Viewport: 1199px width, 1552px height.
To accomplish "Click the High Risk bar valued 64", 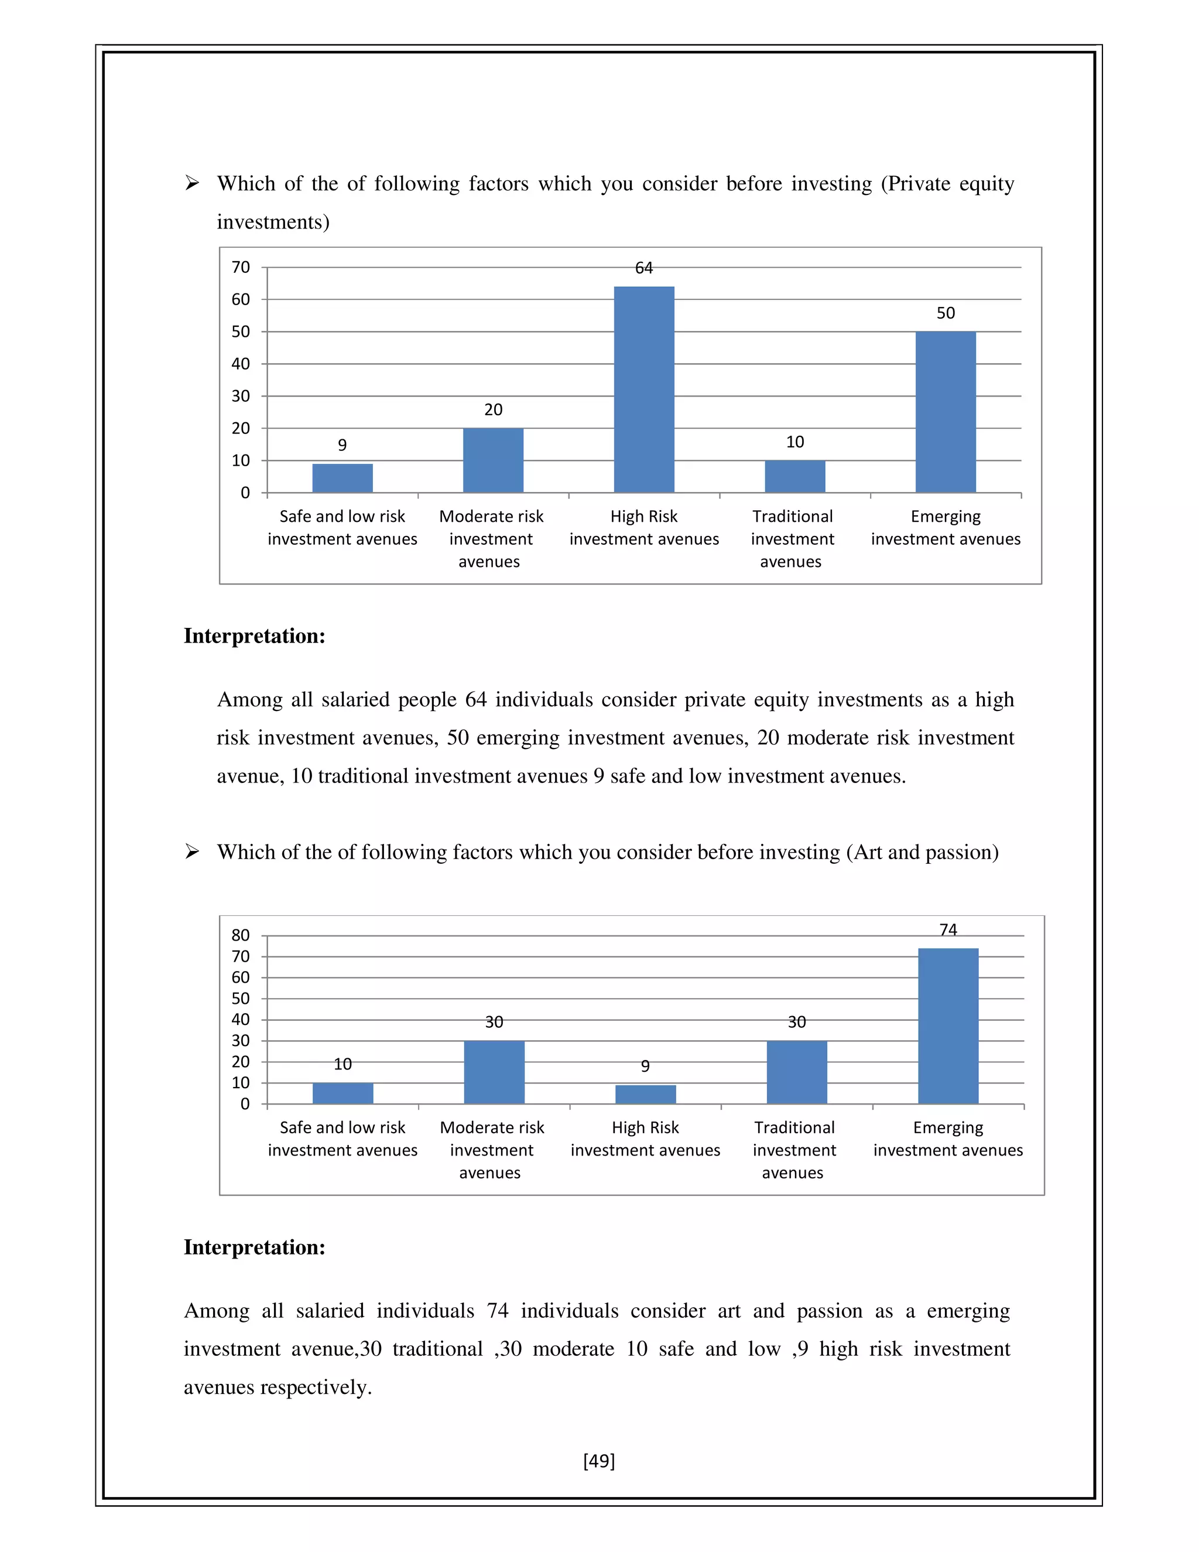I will (643, 389).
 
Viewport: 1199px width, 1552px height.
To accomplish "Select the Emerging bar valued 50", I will (945, 412).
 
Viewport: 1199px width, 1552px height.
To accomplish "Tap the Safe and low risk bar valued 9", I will (342, 478).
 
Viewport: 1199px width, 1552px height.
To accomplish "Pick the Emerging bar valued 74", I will (948, 1025).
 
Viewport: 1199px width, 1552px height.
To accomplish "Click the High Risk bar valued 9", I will (645, 1095).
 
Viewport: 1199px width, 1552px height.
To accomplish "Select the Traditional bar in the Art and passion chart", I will (796, 1072).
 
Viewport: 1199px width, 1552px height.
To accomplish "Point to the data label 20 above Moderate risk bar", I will (493, 410).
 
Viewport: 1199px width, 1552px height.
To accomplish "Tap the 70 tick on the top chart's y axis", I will (241, 268).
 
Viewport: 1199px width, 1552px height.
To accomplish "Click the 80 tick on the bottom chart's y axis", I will (241, 935).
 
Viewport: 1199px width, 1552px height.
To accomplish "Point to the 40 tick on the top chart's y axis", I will (241, 364).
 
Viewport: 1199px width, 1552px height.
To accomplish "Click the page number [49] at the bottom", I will (599, 1461).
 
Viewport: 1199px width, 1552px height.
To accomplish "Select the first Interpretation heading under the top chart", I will (254, 636).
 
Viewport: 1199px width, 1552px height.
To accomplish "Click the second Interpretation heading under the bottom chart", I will (254, 1247).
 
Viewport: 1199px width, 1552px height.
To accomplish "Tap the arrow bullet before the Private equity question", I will (192, 183).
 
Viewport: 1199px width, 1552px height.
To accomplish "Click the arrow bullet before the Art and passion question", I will (192, 852).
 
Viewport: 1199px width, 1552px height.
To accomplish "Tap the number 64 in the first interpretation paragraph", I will (475, 700).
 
